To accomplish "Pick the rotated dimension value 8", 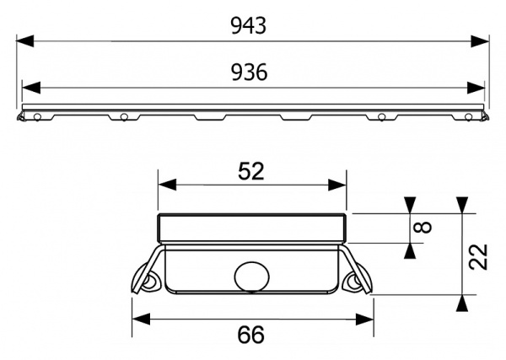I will (x=424, y=227).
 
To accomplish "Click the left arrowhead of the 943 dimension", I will (x=24, y=40).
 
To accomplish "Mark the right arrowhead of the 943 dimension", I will (x=482, y=40).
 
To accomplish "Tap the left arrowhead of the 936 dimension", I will (x=29, y=87).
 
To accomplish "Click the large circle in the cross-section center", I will (x=250, y=276).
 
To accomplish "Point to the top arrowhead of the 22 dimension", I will (x=461, y=205).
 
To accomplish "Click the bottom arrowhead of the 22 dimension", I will (x=461, y=304).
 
